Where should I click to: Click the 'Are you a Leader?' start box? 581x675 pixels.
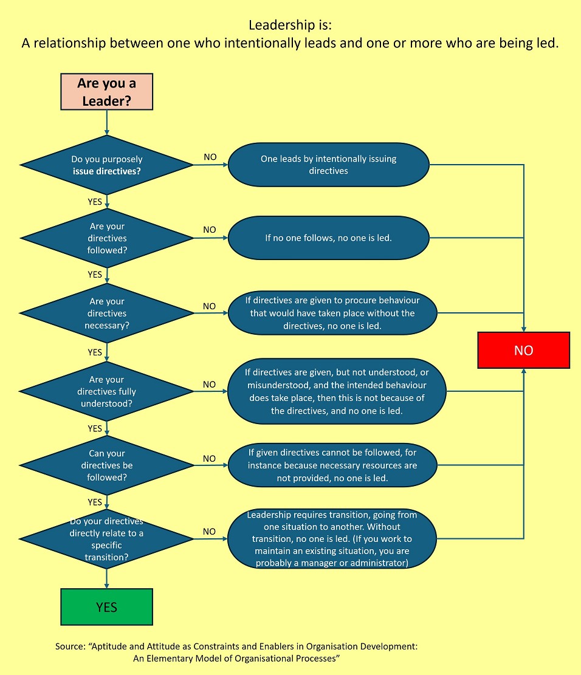click(x=106, y=92)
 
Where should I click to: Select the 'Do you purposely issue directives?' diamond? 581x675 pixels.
click(x=106, y=165)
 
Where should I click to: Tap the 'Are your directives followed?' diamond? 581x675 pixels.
click(x=106, y=238)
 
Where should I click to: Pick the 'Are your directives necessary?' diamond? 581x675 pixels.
click(x=106, y=313)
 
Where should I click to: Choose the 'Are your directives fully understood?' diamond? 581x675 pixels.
click(x=106, y=391)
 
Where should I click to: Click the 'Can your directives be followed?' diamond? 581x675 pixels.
click(x=106, y=465)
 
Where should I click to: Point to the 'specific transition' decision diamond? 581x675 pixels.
click(x=106, y=538)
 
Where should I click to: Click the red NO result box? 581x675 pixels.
click(x=523, y=350)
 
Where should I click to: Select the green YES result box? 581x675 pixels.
click(x=106, y=606)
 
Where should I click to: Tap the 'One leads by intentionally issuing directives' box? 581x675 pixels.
click(x=328, y=165)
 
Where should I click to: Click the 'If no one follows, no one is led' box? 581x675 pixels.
click(x=328, y=238)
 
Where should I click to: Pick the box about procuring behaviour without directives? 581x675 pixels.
click(x=332, y=313)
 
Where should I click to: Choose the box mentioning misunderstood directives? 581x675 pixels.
click(x=336, y=391)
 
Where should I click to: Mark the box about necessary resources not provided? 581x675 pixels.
click(x=332, y=465)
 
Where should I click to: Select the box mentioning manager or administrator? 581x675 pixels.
click(x=332, y=538)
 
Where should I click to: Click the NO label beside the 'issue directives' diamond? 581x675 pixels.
click(x=210, y=157)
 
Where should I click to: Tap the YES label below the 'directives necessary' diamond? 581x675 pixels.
click(x=95, y=352)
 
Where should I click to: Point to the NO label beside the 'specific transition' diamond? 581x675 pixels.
click(x=209, y=532)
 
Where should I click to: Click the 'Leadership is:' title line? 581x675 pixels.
click(x=290, y=26)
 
